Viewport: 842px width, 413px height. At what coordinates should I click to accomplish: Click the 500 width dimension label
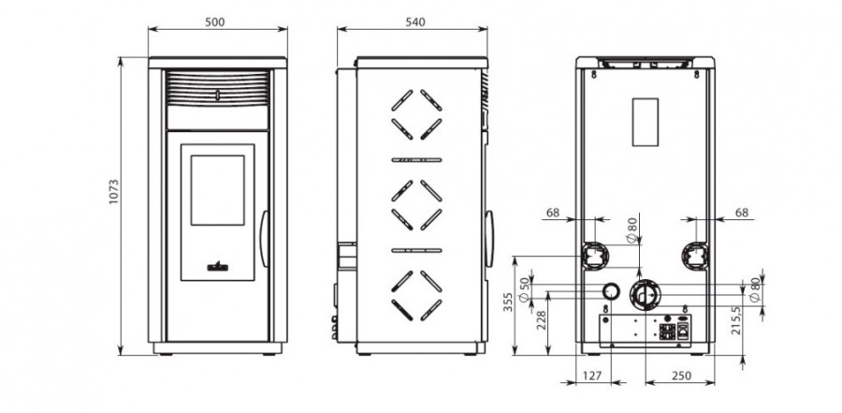[215, 22]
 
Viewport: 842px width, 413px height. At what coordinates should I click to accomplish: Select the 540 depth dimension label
[415, 22]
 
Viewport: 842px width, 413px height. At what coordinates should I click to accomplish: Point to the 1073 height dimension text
[113, 192]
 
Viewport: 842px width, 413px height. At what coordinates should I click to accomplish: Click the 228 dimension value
[541, 321]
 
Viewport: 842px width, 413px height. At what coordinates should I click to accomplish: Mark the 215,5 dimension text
[736, 320]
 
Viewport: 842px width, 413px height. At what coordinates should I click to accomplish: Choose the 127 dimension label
[592, 376]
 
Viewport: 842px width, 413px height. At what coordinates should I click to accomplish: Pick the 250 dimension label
[681, 376]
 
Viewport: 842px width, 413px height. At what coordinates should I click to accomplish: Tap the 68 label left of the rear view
[553, 213]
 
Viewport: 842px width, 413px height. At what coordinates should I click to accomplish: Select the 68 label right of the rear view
[742, 213]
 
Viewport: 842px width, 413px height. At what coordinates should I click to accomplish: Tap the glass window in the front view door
[217, 190]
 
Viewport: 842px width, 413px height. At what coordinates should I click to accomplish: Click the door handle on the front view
[264, 239]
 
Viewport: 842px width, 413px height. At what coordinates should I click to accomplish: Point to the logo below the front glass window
[217, 266]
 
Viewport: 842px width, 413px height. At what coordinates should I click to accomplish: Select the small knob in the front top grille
[217, 96]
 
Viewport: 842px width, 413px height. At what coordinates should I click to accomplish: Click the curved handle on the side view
[488, 239]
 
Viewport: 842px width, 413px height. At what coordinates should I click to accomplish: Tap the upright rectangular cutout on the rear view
[645, 122]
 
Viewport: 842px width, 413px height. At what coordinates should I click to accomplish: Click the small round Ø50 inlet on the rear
[610, 291]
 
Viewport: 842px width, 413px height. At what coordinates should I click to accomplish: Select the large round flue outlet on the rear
[645, 295]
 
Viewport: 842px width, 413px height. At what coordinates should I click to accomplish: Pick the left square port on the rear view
[593, 256]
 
